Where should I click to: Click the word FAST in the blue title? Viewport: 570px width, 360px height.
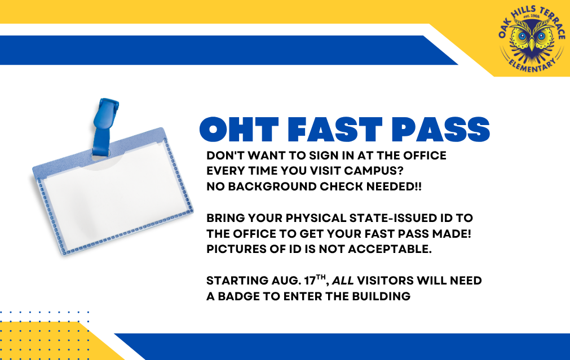334,130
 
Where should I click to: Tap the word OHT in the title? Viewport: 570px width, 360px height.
239,130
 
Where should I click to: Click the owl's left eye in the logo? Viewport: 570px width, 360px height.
523,36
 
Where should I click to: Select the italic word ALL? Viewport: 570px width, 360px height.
343,281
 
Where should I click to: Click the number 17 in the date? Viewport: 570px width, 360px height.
310,281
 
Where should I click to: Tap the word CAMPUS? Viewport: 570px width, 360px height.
374,171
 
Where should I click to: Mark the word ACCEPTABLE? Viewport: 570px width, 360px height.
390,249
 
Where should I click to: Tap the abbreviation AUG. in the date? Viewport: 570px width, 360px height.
286,281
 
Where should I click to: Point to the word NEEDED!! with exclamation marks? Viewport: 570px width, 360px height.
394,186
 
